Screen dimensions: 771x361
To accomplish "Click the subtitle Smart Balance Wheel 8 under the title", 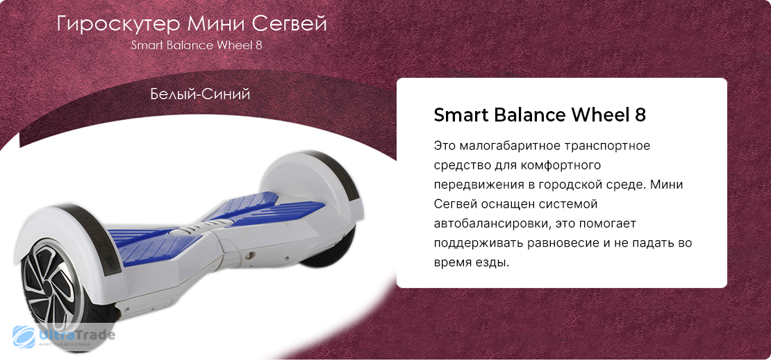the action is pyautogui.click(x=196, y=46).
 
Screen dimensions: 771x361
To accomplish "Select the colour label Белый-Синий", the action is pyautogui.click(x=200, y=93).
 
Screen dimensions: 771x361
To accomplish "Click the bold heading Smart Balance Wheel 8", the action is pyautogui.click(x=540, y=115).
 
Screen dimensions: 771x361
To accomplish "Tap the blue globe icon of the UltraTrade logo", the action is pyautogui.click(x=24, y=337).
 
